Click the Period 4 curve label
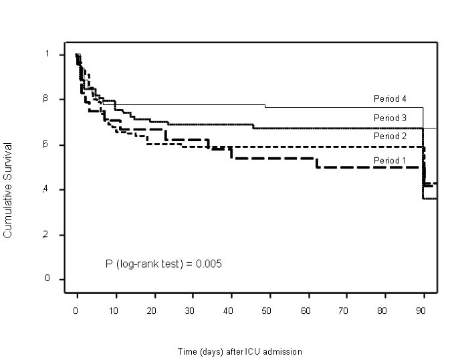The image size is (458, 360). click(390, 99)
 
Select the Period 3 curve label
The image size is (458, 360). click(390, 118)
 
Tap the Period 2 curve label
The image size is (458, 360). click(390, 136)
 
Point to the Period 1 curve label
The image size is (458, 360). click(390, 161)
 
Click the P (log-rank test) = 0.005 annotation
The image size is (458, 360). click(164, 264)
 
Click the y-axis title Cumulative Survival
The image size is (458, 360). click(8, 189)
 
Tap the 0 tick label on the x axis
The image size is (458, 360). click(78, 311)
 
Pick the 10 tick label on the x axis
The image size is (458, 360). click(116, 311)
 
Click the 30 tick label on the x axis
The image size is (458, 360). click(193, 311)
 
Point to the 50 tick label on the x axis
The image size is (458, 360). click(269, 311)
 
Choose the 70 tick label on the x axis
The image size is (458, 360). click(345, 311)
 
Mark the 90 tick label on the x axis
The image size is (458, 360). click(421, 311)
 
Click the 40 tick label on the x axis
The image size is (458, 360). click(231, 311)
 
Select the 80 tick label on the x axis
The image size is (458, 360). click(383, 311)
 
